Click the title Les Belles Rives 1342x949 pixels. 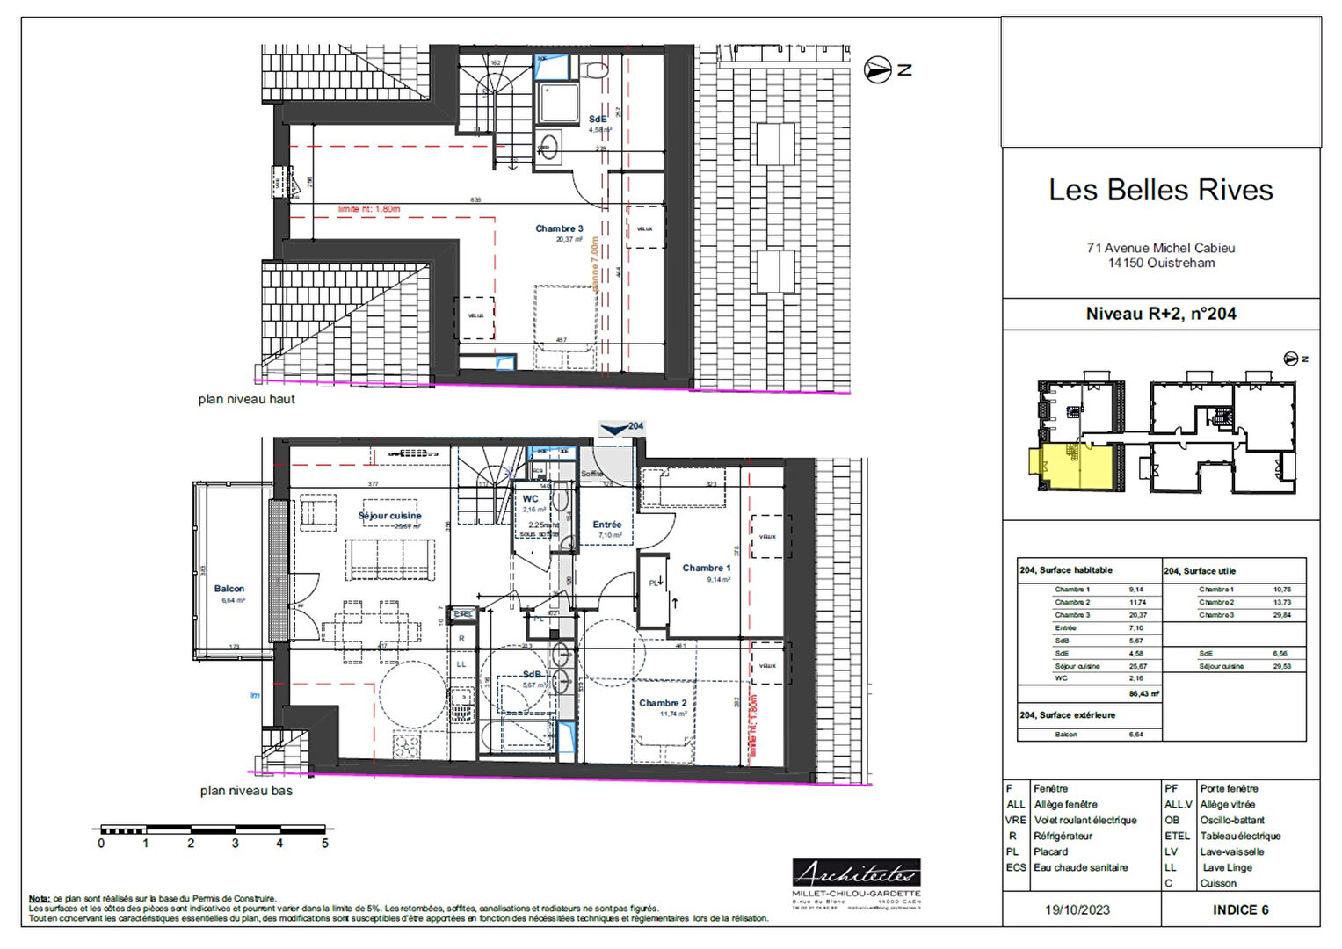[1160, 191]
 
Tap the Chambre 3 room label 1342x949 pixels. [559, 228]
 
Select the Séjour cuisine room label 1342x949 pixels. [389, 516]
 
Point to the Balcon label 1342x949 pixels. [229, 589]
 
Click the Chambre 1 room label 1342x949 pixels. [706, 569]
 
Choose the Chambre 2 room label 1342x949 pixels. [663, 703]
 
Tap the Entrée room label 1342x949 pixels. [606, 525]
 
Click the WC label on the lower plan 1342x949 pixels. [531, 499]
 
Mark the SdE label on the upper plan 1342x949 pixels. [598, 119]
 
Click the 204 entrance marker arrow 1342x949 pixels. [615, 428]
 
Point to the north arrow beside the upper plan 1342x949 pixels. [878, 69]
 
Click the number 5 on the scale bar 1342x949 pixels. [324, 844]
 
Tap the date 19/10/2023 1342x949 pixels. [1077, 910]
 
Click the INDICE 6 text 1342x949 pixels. [1240, 910]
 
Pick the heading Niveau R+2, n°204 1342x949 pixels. [1160, 314]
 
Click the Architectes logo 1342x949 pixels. [856, 873]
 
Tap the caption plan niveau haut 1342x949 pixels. [246, 399]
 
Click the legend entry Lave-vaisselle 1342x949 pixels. [1231, 851]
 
